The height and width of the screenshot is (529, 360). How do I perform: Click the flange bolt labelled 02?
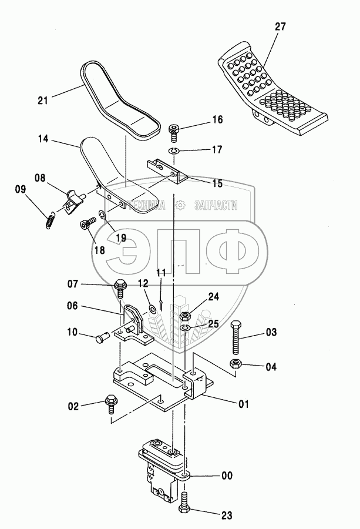pyautogui.click(x=112, y=404)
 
